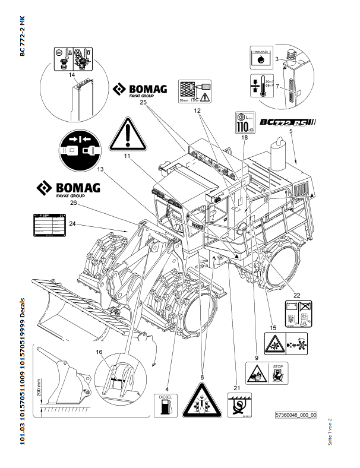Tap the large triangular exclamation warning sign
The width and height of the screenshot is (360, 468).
point(127,134)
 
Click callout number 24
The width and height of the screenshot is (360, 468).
point(72,224)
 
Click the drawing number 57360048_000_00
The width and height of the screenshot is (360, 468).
point(296,415)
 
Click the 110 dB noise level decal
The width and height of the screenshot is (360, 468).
point(244,122)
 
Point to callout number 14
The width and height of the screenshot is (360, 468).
point(72,75)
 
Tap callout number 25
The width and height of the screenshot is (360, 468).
point(144,103)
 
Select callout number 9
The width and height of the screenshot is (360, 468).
point(257,358)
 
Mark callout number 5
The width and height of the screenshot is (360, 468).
point(291,130)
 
